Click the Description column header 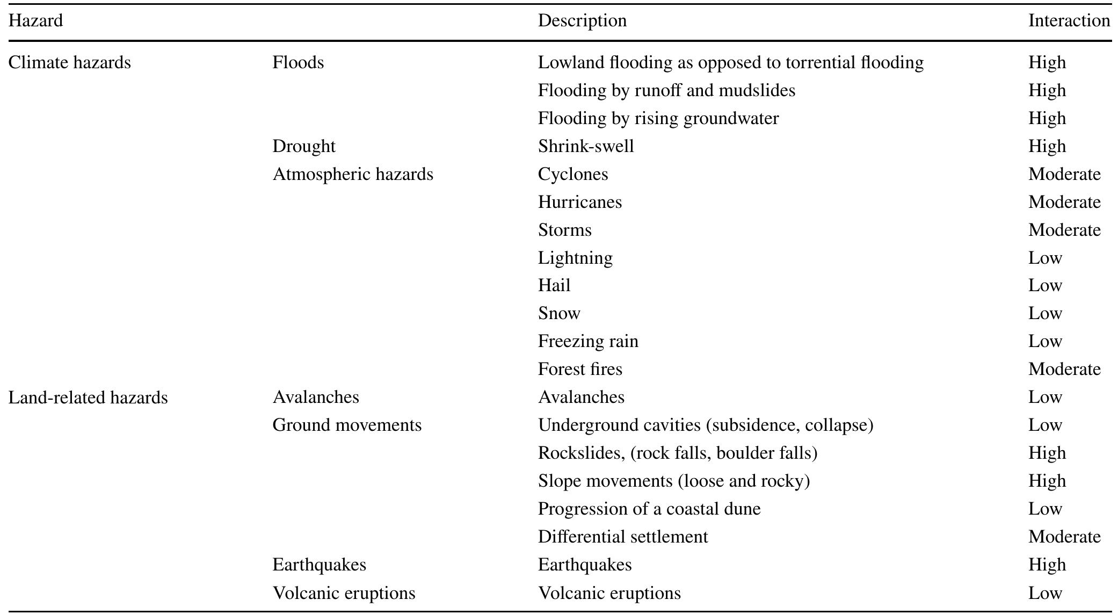[582, 20]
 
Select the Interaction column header [1069, 20]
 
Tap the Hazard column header [35, 20]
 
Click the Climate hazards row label [70, 62]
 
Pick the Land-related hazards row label [88, 398]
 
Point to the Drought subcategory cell [304, 146]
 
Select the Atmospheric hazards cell [353, 174]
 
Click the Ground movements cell [347, 425]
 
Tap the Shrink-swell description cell [586, 146]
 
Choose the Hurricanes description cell [580, 202]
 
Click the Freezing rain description [588, 341]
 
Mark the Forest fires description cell [580, 369]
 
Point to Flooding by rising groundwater [658, 118]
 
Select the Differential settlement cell [623, 537]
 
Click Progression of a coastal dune [649, 509]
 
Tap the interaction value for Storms [1064, 230]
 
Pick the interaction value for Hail [1045, 285]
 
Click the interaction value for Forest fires [1064, 369]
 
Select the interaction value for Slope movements [1047, 481]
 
